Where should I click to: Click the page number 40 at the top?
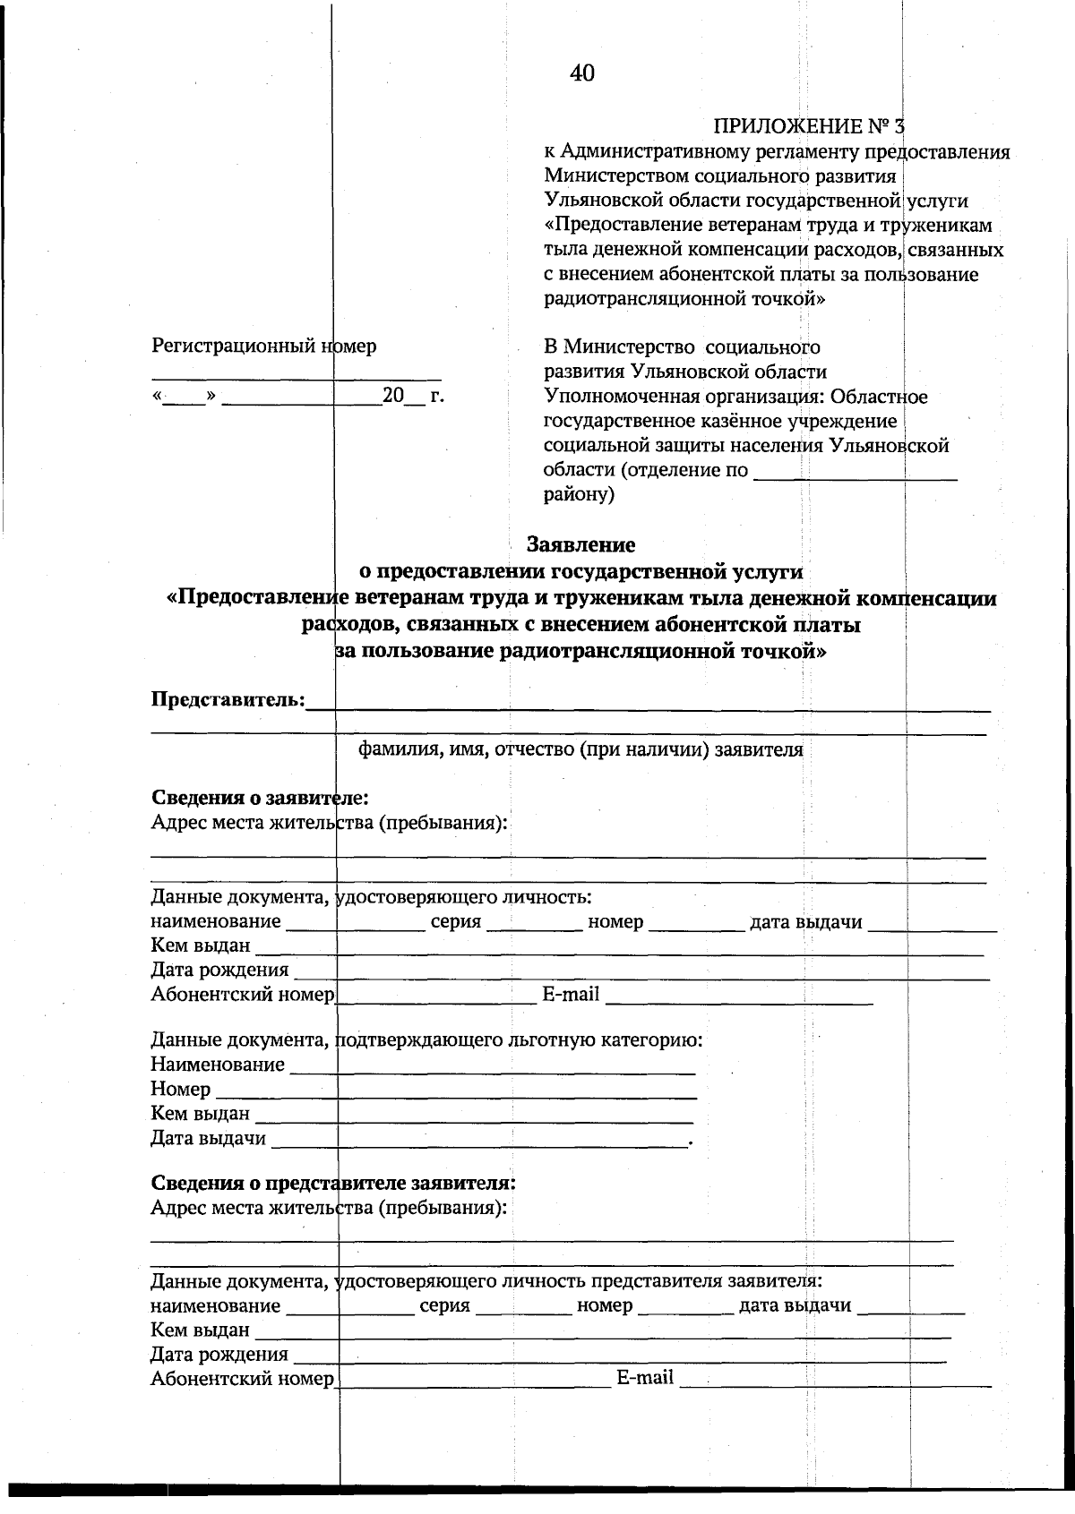click(581, 73)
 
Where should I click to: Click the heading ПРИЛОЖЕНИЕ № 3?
click(810, 126)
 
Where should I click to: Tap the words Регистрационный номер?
click(263, 346)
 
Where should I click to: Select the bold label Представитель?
click(228, 699)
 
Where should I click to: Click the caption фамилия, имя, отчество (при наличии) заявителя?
click(580, 749)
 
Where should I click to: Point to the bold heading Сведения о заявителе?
click(260, 797)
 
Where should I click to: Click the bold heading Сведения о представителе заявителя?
click(332, 1182)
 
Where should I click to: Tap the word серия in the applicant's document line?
click(456, 922)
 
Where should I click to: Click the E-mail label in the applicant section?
click(571, 994)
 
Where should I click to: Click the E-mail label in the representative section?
click(645, 1378)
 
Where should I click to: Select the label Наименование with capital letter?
click(218, 1065)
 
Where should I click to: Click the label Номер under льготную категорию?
click(181, 1090)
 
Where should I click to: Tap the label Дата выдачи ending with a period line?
click(208, 1138)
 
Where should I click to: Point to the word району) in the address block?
click(580, 494)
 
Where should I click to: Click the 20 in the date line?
click(393, 395)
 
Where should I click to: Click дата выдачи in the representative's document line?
click(795, 1305)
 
